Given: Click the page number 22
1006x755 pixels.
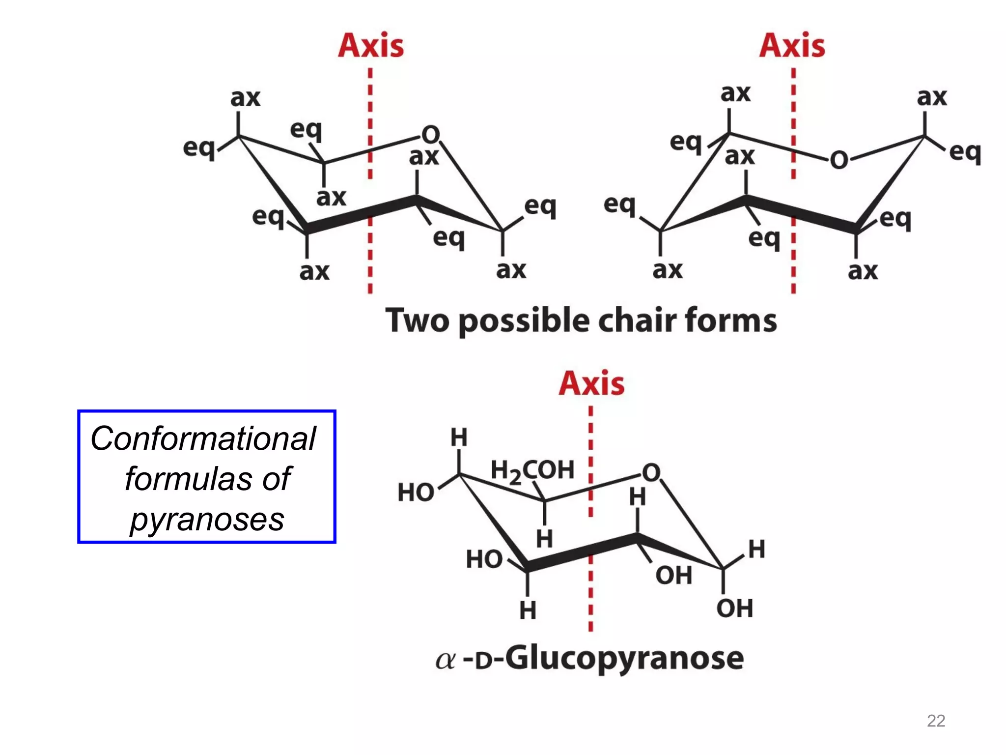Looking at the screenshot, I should [x=936, y=721].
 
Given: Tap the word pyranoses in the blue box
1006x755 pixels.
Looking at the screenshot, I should [x=207, y=519].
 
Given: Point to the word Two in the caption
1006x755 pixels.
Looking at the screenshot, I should [x=417, y=320].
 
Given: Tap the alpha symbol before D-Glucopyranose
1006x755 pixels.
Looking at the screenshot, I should [x=446, y=661].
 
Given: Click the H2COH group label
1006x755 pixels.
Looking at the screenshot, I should [x=532, y=470].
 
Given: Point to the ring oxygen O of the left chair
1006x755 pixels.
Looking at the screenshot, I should [x=431, y=134].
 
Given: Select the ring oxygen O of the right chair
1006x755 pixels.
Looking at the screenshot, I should [x=839, y=160].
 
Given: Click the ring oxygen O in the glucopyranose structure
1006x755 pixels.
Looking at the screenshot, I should [x=651, y=472].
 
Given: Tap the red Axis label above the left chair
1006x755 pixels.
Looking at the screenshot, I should [x=371, y=46].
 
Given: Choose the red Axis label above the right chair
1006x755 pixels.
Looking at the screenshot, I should [x=792, y=46].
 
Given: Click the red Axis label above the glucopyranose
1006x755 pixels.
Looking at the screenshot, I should [x=591, y=383].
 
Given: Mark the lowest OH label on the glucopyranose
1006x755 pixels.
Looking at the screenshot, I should [x=734, y=609].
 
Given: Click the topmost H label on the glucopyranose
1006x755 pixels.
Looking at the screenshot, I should [x=459, y=437].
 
